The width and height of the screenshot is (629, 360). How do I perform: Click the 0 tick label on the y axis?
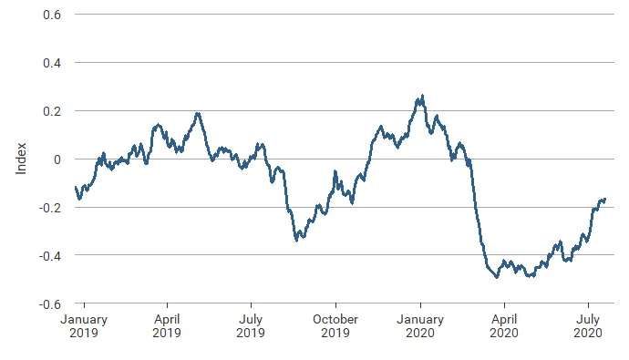click(57, 159)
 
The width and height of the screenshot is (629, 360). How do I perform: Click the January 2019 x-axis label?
click(84, 326)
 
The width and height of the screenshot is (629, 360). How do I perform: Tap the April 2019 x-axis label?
click(167, 326)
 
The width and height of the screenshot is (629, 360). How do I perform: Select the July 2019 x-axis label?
click(251, 326)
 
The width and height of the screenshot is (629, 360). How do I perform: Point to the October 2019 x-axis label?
click(335, 326)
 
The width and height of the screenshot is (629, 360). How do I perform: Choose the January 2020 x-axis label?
click(419, 326)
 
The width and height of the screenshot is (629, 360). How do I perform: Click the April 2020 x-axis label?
click(503, 326)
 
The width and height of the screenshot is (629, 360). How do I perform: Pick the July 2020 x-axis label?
click(587, 326)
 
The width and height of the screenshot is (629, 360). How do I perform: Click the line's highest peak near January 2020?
click(421, 96)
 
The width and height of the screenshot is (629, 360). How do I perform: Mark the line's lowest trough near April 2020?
click(497, 276)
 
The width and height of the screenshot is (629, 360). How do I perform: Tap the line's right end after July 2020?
click(605, 199)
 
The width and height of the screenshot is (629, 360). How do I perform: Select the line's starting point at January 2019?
click(75, 187)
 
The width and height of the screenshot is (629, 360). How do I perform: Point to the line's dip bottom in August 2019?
click(297, 240)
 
